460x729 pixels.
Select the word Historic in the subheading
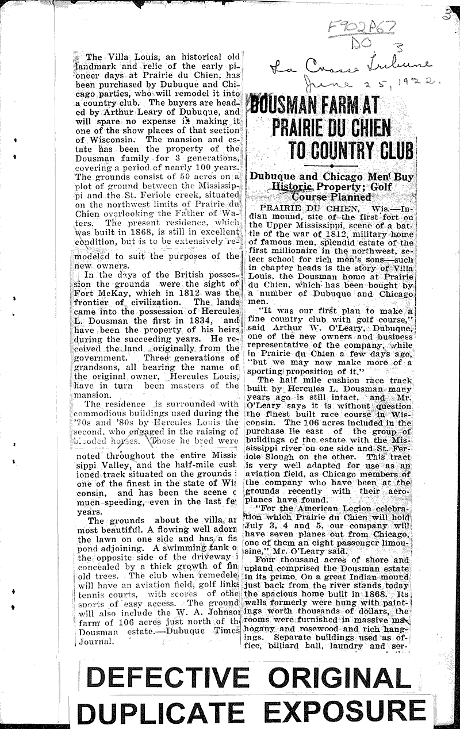294,187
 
